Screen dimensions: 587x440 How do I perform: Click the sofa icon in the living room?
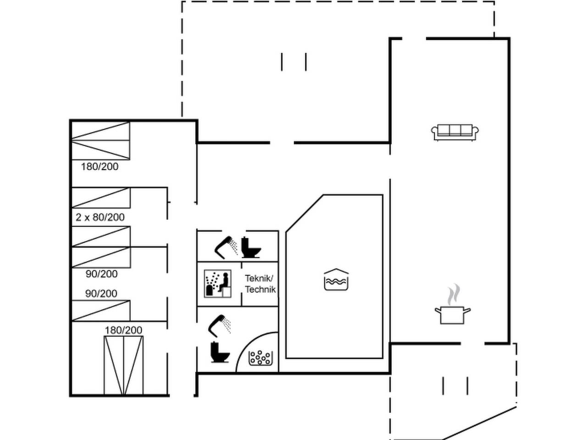click(x=454, y=132)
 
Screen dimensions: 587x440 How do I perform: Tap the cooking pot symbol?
click(x=453, y=315)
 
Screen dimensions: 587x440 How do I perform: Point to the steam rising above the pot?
click(x=454, y=295)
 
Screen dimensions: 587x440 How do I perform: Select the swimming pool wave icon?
click(x=336, y=280)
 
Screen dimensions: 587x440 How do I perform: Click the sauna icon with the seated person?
click(x=218, y=283)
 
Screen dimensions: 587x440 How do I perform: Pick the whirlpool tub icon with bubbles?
click(x=260, y=358)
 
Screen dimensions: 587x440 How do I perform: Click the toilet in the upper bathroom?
click(x=251, y=247)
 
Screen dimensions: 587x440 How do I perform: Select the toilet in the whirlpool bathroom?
click(x=220, y=352)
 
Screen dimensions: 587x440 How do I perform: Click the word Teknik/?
click(x=259, y=279)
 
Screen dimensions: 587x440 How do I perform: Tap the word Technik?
click(x=260, y=289)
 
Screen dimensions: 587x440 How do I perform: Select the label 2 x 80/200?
click(x=100, y=217)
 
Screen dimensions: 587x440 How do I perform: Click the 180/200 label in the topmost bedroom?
click(x=100, y=167)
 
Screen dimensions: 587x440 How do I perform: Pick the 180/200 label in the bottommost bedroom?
click(x=123, y=330)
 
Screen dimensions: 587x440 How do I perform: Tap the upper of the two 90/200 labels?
click(x=102, y=274)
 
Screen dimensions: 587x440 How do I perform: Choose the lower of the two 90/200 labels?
click(x=101, y=294)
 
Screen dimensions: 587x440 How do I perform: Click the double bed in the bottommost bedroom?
click(x=123, y=365)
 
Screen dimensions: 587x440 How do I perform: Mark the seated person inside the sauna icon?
click(x=224, y=282)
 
